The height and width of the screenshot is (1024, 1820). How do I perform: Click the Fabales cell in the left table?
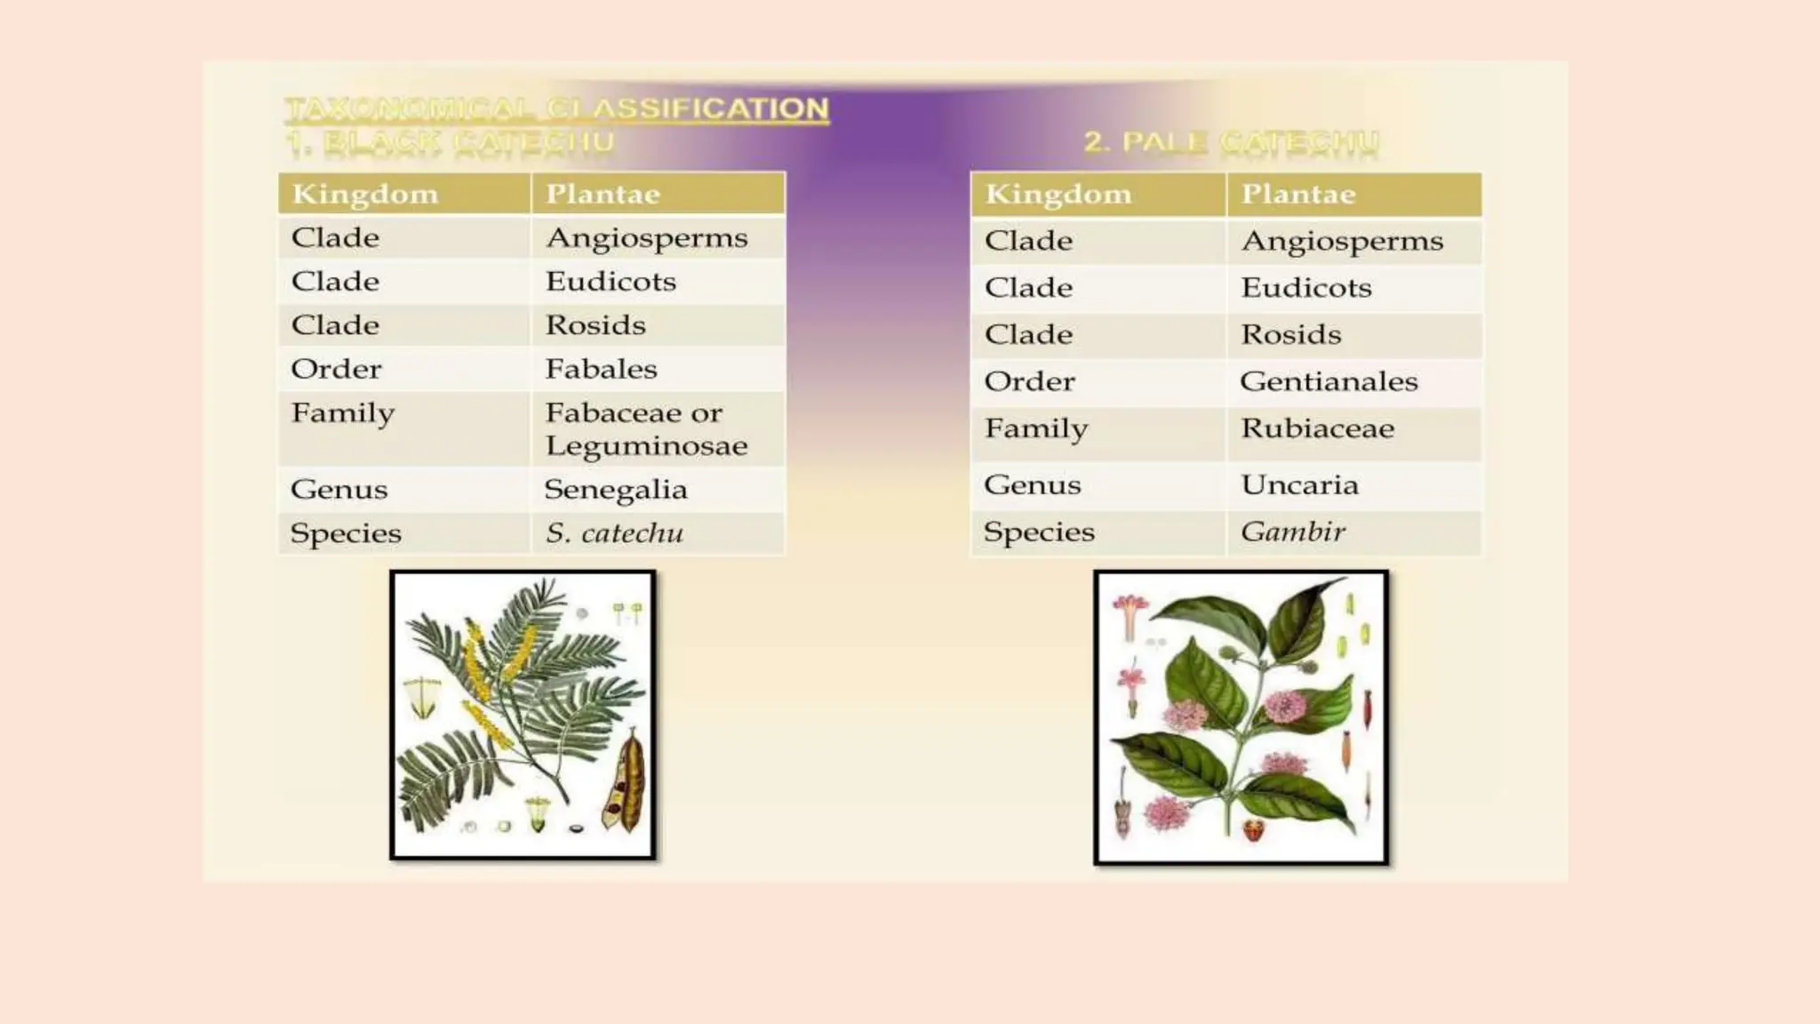point(601,369)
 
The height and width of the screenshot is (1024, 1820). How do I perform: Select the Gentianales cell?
point(1328,381)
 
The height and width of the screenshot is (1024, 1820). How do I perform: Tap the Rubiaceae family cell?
point(1317,428)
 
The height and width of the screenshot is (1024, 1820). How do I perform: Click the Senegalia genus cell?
point(615,489)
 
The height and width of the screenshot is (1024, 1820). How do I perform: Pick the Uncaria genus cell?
point(1299,484)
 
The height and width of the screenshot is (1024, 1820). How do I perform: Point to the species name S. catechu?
point(614,532)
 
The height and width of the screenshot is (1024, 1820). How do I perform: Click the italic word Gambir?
point(1292,532)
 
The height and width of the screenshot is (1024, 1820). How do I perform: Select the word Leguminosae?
point(646,445)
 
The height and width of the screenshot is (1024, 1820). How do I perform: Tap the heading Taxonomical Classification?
point(556,108)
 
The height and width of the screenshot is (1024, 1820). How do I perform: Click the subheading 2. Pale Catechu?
point(1231,141)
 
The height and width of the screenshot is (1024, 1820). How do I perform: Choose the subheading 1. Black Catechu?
point(450,141)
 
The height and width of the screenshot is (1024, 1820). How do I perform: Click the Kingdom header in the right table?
point(1058,194)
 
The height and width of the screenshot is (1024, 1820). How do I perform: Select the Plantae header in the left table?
point(603,194)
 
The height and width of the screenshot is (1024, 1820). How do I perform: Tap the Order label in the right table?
point(1029,381)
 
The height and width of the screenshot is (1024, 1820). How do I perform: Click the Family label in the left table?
point(342,413)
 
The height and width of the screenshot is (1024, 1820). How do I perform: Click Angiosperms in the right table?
point(1342,241)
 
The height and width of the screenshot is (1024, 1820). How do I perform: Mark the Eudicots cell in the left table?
point(611,282)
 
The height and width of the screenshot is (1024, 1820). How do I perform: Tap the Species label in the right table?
point(1038,532)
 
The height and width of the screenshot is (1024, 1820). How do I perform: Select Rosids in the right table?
point(1290,334)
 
